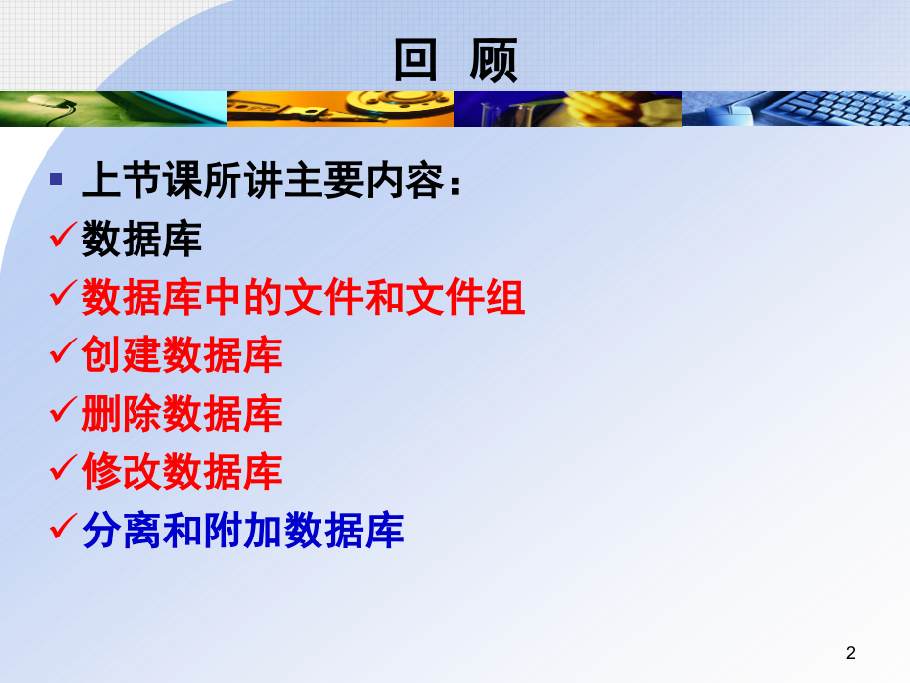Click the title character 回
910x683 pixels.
click(415, 60)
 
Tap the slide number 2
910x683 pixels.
click(851, 652)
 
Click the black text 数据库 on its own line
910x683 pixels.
click(141, 240)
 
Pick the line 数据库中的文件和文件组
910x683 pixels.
click(303, 298)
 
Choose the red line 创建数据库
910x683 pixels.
click(182, 355)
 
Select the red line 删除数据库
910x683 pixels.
click(182, 414)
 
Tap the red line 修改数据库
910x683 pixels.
click(182, 472)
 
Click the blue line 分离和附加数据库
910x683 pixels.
click(243, 531)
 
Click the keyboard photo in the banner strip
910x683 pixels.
click(796, 109)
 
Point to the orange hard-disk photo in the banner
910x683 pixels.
click(340, 109)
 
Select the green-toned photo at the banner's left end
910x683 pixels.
click(113, 109)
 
